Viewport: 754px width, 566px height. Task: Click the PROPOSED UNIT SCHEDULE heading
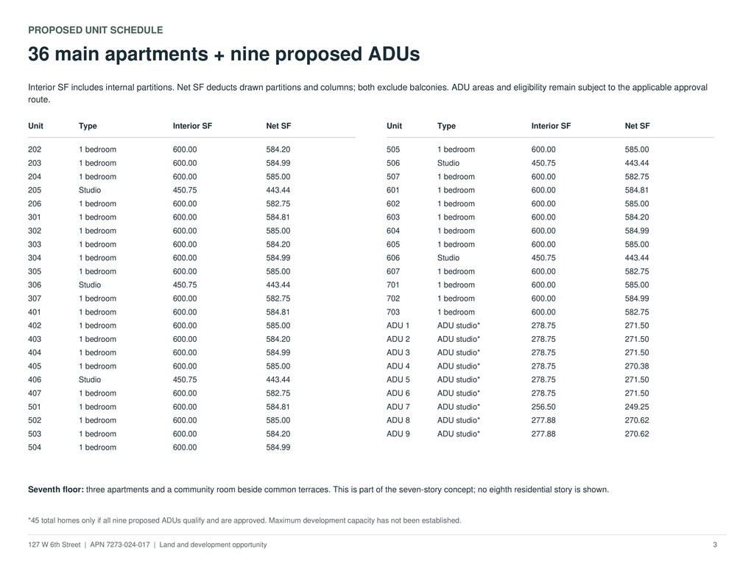95,29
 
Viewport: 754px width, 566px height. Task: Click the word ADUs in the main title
394,54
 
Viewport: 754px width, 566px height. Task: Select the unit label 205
35,190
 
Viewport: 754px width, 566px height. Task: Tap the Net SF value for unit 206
278,203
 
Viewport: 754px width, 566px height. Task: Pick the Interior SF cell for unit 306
185,285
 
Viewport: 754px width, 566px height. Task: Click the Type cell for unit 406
90,380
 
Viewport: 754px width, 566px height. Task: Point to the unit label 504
35,447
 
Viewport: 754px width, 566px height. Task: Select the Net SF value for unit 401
278,312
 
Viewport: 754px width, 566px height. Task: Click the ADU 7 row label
398,407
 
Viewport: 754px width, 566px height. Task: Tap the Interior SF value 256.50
543,407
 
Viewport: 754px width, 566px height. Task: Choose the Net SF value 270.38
637,366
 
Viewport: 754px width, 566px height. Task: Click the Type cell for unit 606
448,258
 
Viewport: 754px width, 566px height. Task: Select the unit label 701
393,285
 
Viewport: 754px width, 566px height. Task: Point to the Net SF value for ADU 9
637,433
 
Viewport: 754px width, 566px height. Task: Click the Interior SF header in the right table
551,125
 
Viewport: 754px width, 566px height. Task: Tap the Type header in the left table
88,126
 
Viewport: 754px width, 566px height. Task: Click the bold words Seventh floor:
56,489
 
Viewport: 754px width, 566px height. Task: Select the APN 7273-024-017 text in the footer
120,545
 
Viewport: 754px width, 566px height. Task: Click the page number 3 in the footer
714,545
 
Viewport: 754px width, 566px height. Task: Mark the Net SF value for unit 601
637,190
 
